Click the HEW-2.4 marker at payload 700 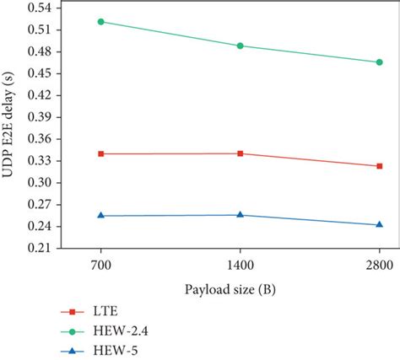pyautogui.click(x=101, y=21)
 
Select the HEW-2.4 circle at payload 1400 pyautogui.click(x=241, y=46)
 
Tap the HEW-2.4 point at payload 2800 pyautogui.click(x=379, y=62)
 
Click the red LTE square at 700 pyautogui.click(x=101, y=153)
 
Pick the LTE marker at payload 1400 pyautogui.click(x=241, y=153)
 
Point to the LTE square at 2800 pyautogui.click(x=379, y=166)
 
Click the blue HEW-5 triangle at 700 pyautogui.click(x=101, y=216)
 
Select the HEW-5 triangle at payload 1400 pyautogui.click(x=241, y=215)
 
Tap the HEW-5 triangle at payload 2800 pyautogui.click(x=379, y=225)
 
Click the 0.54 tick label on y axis pyautogui.click(x=40, y=7)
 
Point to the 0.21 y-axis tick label pyautogui.click(x=40, y=249)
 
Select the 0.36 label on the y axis pyautogui.click(x=40, y=138)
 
